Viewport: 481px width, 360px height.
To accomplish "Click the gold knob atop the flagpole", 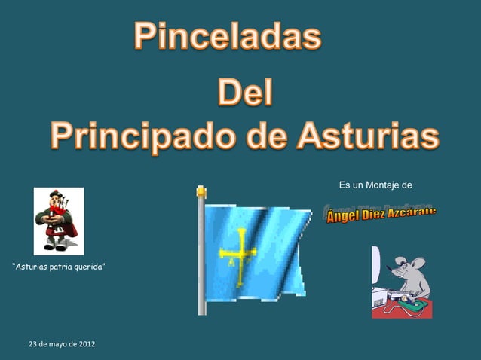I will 201,192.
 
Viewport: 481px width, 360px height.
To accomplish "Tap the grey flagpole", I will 201,256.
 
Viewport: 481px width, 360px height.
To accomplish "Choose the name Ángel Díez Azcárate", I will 381,215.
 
